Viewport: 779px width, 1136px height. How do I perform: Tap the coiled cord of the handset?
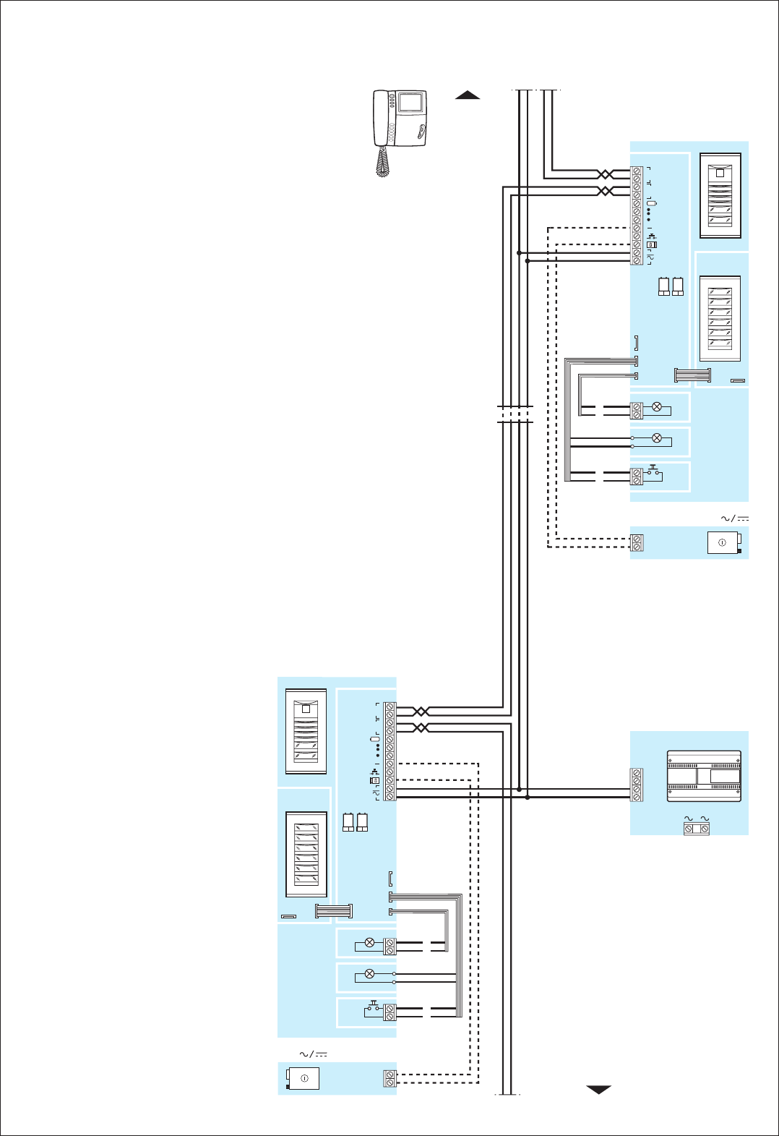pyautogui.click(x=382, y=162)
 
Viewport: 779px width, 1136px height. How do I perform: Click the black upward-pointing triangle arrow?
pyautogui.click(x=468, y=95)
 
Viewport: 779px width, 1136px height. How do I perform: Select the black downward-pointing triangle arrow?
pyautogui.click(x=598, y=1090)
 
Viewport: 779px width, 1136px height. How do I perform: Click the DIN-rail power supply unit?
pyautogui.click(x=704, y=777)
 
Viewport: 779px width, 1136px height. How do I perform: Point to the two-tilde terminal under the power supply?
pyautogui.click(x=697, y=829)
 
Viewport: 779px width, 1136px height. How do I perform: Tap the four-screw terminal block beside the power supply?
pyautogui.click(x=637, y=785)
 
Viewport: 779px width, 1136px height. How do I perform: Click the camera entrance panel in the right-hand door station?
pyautogui.click(x=720, y=196)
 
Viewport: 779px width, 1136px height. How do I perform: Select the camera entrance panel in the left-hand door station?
pyautogui.click(x=306, y=732)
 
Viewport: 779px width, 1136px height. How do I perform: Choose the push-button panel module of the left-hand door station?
pyautogui.click(x=306, y=854)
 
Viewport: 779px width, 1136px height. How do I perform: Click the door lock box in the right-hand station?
pyautogui.click(x=723, y=543)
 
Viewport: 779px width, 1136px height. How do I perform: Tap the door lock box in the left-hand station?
pyautogui.click(x=304, y=1078)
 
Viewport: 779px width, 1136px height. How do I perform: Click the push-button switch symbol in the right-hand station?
pyautogui.click(x=654, y=471)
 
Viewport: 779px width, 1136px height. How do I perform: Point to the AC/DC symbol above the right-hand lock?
pyautogui.click(x=734, y=518)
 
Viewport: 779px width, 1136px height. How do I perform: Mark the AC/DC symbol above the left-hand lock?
pyautogui.click(x=314, y=1054)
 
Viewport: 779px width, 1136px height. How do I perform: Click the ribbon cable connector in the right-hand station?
pyautogui.click(x=692, y=375)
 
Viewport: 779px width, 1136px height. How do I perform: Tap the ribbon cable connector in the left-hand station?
pyautogui.click(x=334, y=911)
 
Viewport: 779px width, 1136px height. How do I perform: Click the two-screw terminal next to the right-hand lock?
pyautogui.click(x=637, y=543)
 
